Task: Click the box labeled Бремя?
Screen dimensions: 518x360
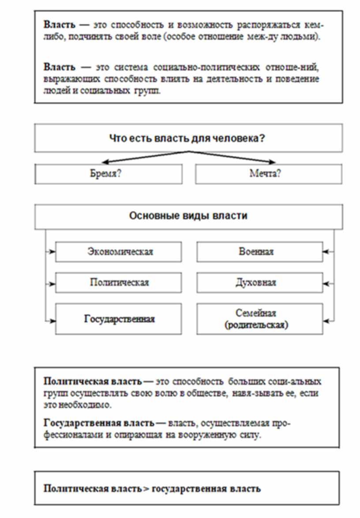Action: pyautogui.click(x=109, y=174)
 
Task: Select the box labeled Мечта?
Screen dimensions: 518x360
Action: pyautogui.click(x=268, y=174)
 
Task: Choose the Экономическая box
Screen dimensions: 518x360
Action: pyautogui.click(x=118, y=252)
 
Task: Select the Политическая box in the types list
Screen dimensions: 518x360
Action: pyautogui.click(x=118, y=282)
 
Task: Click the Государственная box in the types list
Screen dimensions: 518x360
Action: pyautogui.click(x=118, y=319)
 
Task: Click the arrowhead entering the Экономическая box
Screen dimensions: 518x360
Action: pyautogui.click(x=53, y=252)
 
